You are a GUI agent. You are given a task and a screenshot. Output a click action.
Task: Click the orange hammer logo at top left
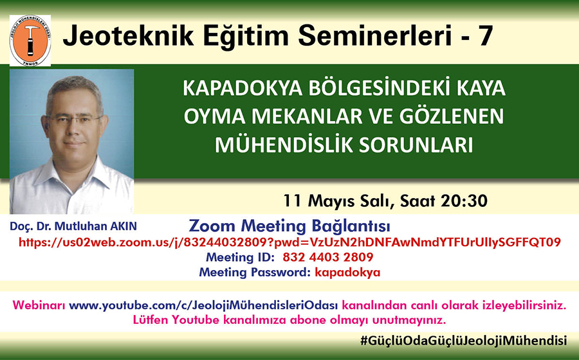tap(30, 41)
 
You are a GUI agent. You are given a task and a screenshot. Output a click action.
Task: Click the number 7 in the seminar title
tap(485, 36)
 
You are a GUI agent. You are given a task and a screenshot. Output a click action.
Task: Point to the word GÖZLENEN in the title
tap(452, 116)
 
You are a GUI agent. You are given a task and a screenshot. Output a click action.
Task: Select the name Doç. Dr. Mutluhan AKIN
tap(73, 226)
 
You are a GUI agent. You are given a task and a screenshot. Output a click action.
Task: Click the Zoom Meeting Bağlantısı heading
tap(289, 226)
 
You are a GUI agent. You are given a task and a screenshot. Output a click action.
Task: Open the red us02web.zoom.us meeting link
tap(289, 242)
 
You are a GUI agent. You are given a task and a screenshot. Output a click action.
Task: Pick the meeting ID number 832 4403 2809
tap(328, 257)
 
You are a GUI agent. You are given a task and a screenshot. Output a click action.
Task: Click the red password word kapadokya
tap(347, 273)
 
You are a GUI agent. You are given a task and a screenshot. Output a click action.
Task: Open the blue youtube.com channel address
tap(203, 305)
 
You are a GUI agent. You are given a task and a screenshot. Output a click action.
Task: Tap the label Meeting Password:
tap(254, 273)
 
